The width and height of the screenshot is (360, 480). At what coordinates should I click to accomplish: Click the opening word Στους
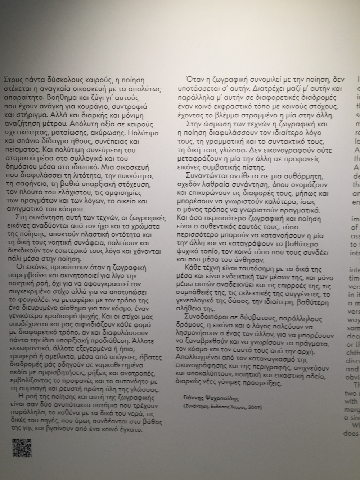11,80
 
